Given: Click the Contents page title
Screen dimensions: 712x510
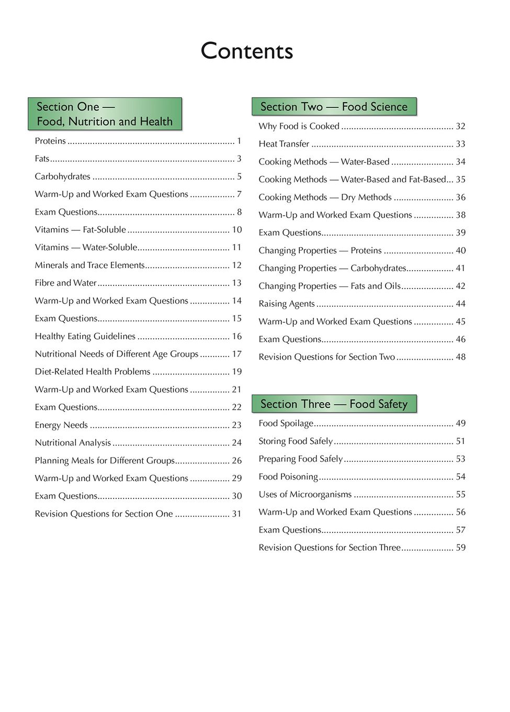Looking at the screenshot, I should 247,51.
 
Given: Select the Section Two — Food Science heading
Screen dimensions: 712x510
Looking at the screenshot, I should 334,107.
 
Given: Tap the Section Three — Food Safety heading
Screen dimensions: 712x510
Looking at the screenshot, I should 334,404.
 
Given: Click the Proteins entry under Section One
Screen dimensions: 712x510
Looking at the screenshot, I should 50,141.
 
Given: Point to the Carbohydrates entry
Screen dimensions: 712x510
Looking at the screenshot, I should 63,176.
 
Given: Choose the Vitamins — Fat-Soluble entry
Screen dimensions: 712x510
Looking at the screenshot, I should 81,230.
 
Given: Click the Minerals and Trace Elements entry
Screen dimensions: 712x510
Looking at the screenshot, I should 89,265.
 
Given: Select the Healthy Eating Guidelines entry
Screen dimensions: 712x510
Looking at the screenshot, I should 85,336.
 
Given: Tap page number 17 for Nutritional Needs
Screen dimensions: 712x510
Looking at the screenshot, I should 237,354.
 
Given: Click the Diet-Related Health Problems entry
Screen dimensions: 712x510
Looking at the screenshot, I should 93,372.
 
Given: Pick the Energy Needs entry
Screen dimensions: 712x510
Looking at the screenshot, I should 61,425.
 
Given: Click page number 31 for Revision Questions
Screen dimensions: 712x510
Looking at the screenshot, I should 237,514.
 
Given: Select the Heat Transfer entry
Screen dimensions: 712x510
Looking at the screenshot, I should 284,144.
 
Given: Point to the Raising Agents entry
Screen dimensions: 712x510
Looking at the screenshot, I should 287,304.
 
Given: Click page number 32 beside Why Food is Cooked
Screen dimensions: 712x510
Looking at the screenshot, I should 461,126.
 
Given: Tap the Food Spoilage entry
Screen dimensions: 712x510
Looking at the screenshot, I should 286,424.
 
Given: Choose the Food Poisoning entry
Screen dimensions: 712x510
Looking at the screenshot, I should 288,477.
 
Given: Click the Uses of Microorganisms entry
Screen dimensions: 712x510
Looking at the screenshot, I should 305,495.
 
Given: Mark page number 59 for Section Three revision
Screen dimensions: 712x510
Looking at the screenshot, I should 461,548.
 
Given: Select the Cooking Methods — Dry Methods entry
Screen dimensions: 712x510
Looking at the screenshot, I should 325,197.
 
